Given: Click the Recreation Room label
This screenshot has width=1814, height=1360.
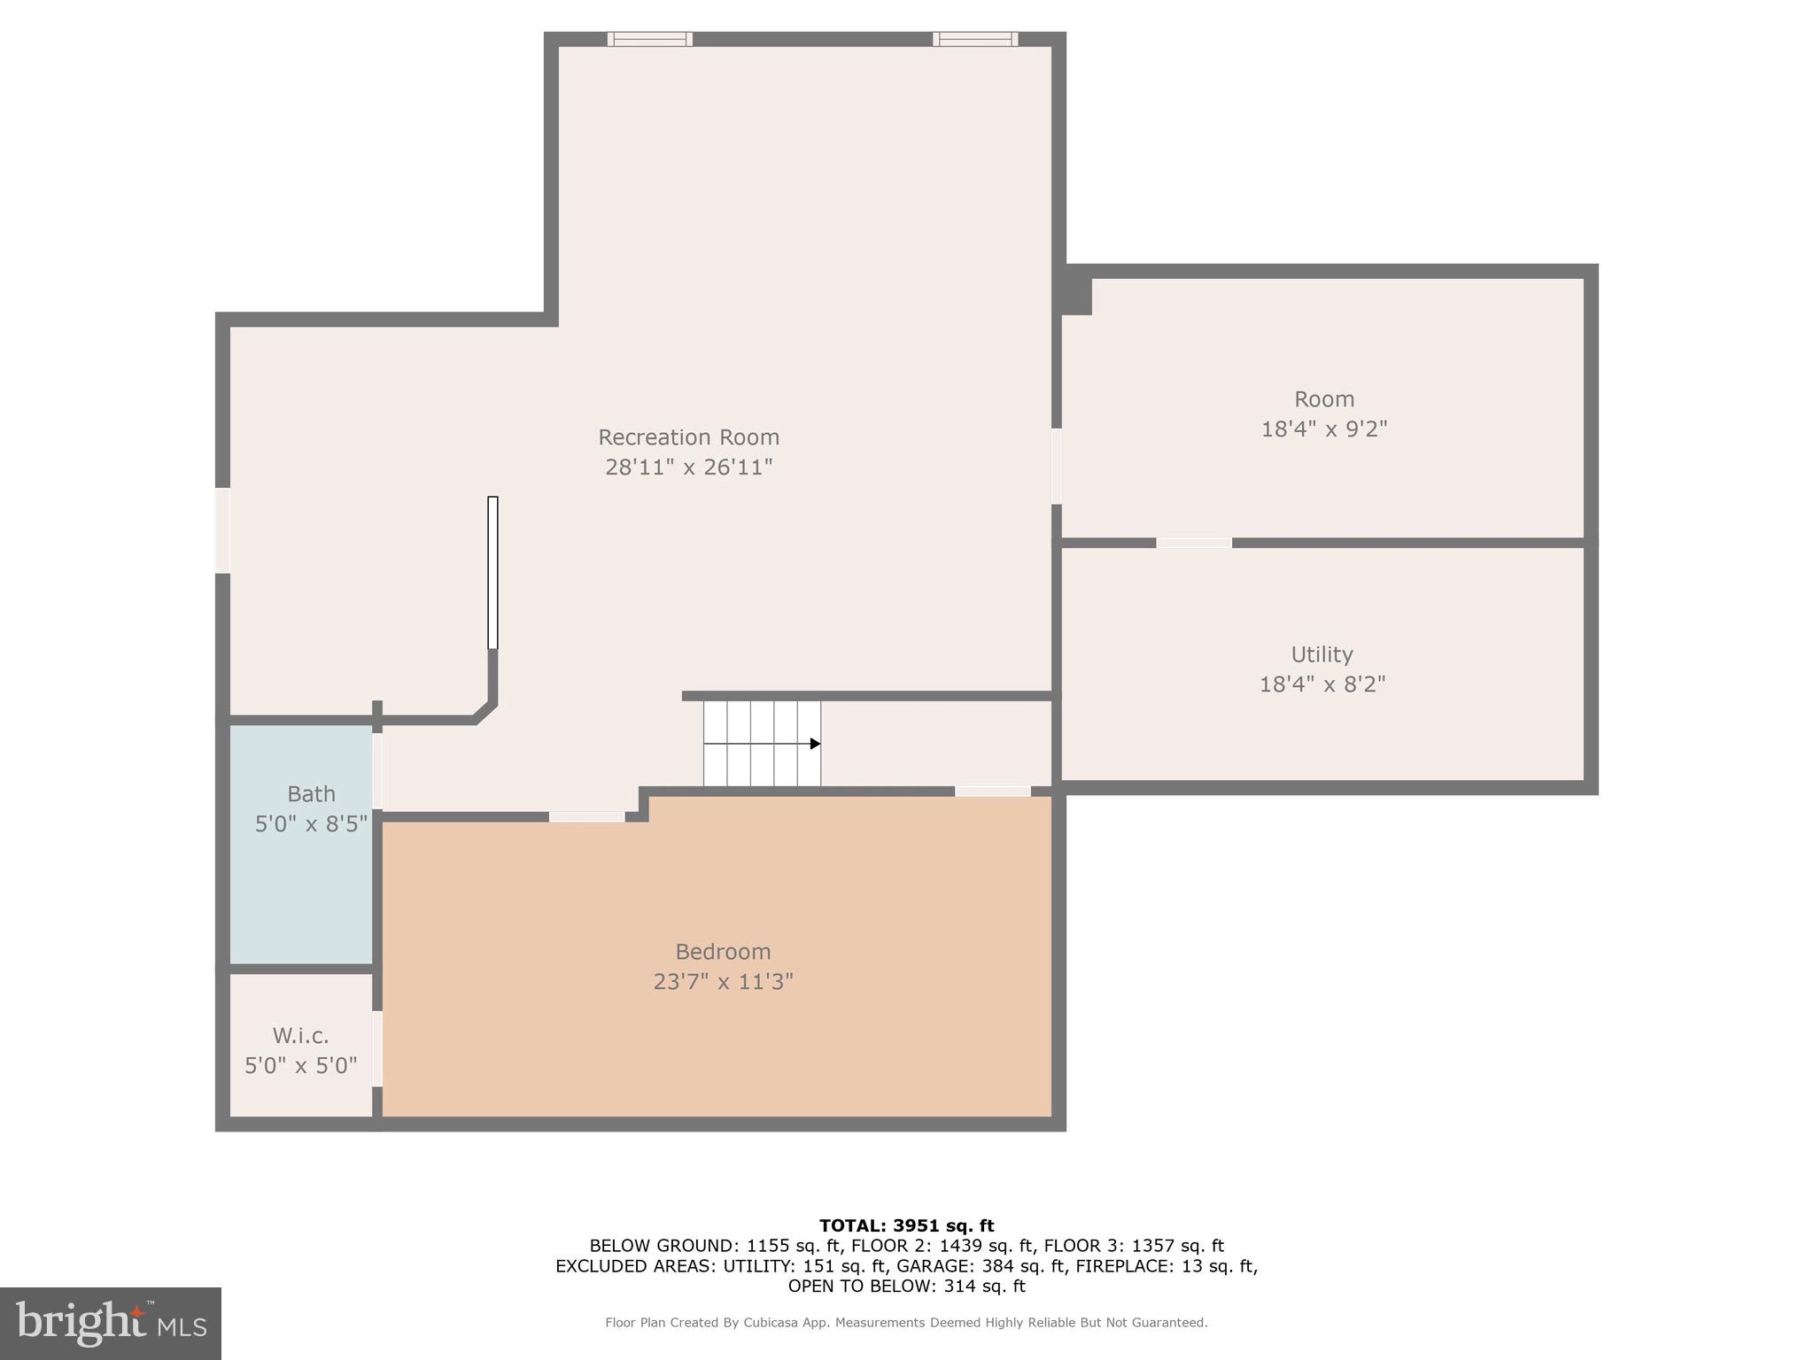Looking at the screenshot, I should tap(688, 437).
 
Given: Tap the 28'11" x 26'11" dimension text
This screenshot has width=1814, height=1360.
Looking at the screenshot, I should tap(688, 467).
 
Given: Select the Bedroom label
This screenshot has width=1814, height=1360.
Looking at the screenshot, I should tap(723, 952).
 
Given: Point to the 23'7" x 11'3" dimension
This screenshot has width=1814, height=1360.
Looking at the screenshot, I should tap(723, 982).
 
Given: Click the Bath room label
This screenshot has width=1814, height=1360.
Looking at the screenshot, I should tap(311, 794).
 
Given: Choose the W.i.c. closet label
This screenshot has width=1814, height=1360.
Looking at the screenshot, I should tap(300, 1036).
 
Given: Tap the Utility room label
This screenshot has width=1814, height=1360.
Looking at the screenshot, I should tap(1322, 654).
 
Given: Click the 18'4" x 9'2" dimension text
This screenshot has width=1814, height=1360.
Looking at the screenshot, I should tap(1323, 429).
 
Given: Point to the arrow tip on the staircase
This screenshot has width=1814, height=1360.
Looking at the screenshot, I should tap(816, 744).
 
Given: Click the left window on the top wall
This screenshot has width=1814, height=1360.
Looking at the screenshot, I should tap(650, 39).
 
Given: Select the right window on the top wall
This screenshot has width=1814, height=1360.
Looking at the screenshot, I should tap(975, 39).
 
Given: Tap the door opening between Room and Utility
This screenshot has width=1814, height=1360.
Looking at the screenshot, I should tap(1193, 543).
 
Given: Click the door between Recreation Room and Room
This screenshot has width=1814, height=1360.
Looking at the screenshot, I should tap(1057, 467).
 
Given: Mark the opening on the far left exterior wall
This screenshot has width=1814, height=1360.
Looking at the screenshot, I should tap(223, 530).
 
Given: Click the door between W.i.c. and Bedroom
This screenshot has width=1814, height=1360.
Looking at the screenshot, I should tap(377, 1048).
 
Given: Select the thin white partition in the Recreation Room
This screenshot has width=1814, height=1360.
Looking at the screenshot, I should tap(492, 573).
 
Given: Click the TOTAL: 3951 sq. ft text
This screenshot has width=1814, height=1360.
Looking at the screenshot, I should tap(906, 1225).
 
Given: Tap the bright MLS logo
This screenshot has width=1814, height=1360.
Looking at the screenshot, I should tap(111, 1324).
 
